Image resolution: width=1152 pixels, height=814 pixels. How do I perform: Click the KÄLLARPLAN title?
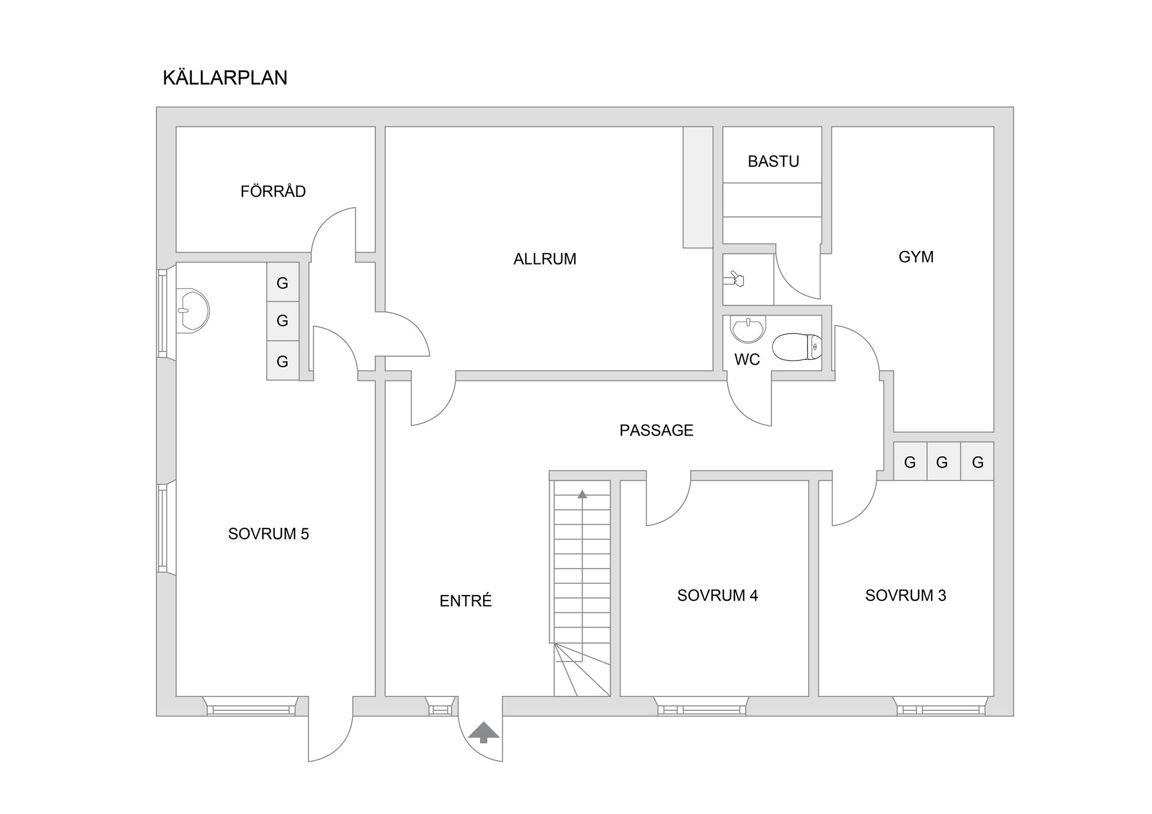225,77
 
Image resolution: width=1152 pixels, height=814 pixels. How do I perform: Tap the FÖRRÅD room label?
273,191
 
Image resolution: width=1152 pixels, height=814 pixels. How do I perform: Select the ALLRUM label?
545,259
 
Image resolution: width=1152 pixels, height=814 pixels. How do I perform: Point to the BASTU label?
773,161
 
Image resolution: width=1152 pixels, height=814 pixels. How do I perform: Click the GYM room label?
916,257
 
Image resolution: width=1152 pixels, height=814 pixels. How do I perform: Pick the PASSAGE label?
656,430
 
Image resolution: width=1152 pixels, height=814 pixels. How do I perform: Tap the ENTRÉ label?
466,600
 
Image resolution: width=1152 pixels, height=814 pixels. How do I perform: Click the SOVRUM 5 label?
268,534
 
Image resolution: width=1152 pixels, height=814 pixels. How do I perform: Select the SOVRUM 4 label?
718,595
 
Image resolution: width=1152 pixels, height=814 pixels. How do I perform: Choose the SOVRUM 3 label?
905,595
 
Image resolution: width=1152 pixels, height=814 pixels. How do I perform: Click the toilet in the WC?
797,347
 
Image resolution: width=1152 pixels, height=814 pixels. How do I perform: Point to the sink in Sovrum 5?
193,311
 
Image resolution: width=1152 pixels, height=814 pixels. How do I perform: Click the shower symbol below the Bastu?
736,279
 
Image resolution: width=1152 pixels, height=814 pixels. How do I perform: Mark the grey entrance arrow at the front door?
484,732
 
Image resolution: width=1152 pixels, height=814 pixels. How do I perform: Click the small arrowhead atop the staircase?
582,494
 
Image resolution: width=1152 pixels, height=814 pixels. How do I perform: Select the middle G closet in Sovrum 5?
283,321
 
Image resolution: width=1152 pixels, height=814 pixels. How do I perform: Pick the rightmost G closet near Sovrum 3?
977,461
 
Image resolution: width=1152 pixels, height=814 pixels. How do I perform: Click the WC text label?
747,359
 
